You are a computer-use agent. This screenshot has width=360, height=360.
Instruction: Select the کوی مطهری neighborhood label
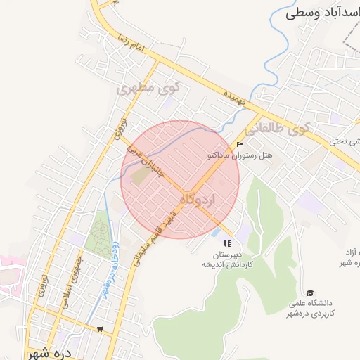[149, 89]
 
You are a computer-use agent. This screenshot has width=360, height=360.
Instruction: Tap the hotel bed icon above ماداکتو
[240, 145]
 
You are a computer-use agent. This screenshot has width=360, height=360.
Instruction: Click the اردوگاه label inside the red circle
[205, 200]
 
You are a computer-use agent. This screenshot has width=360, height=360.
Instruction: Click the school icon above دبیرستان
[226, 243]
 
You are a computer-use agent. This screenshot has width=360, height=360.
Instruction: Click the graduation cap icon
[311, 292]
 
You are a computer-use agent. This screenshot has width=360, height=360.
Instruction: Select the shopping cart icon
[100, 328]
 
